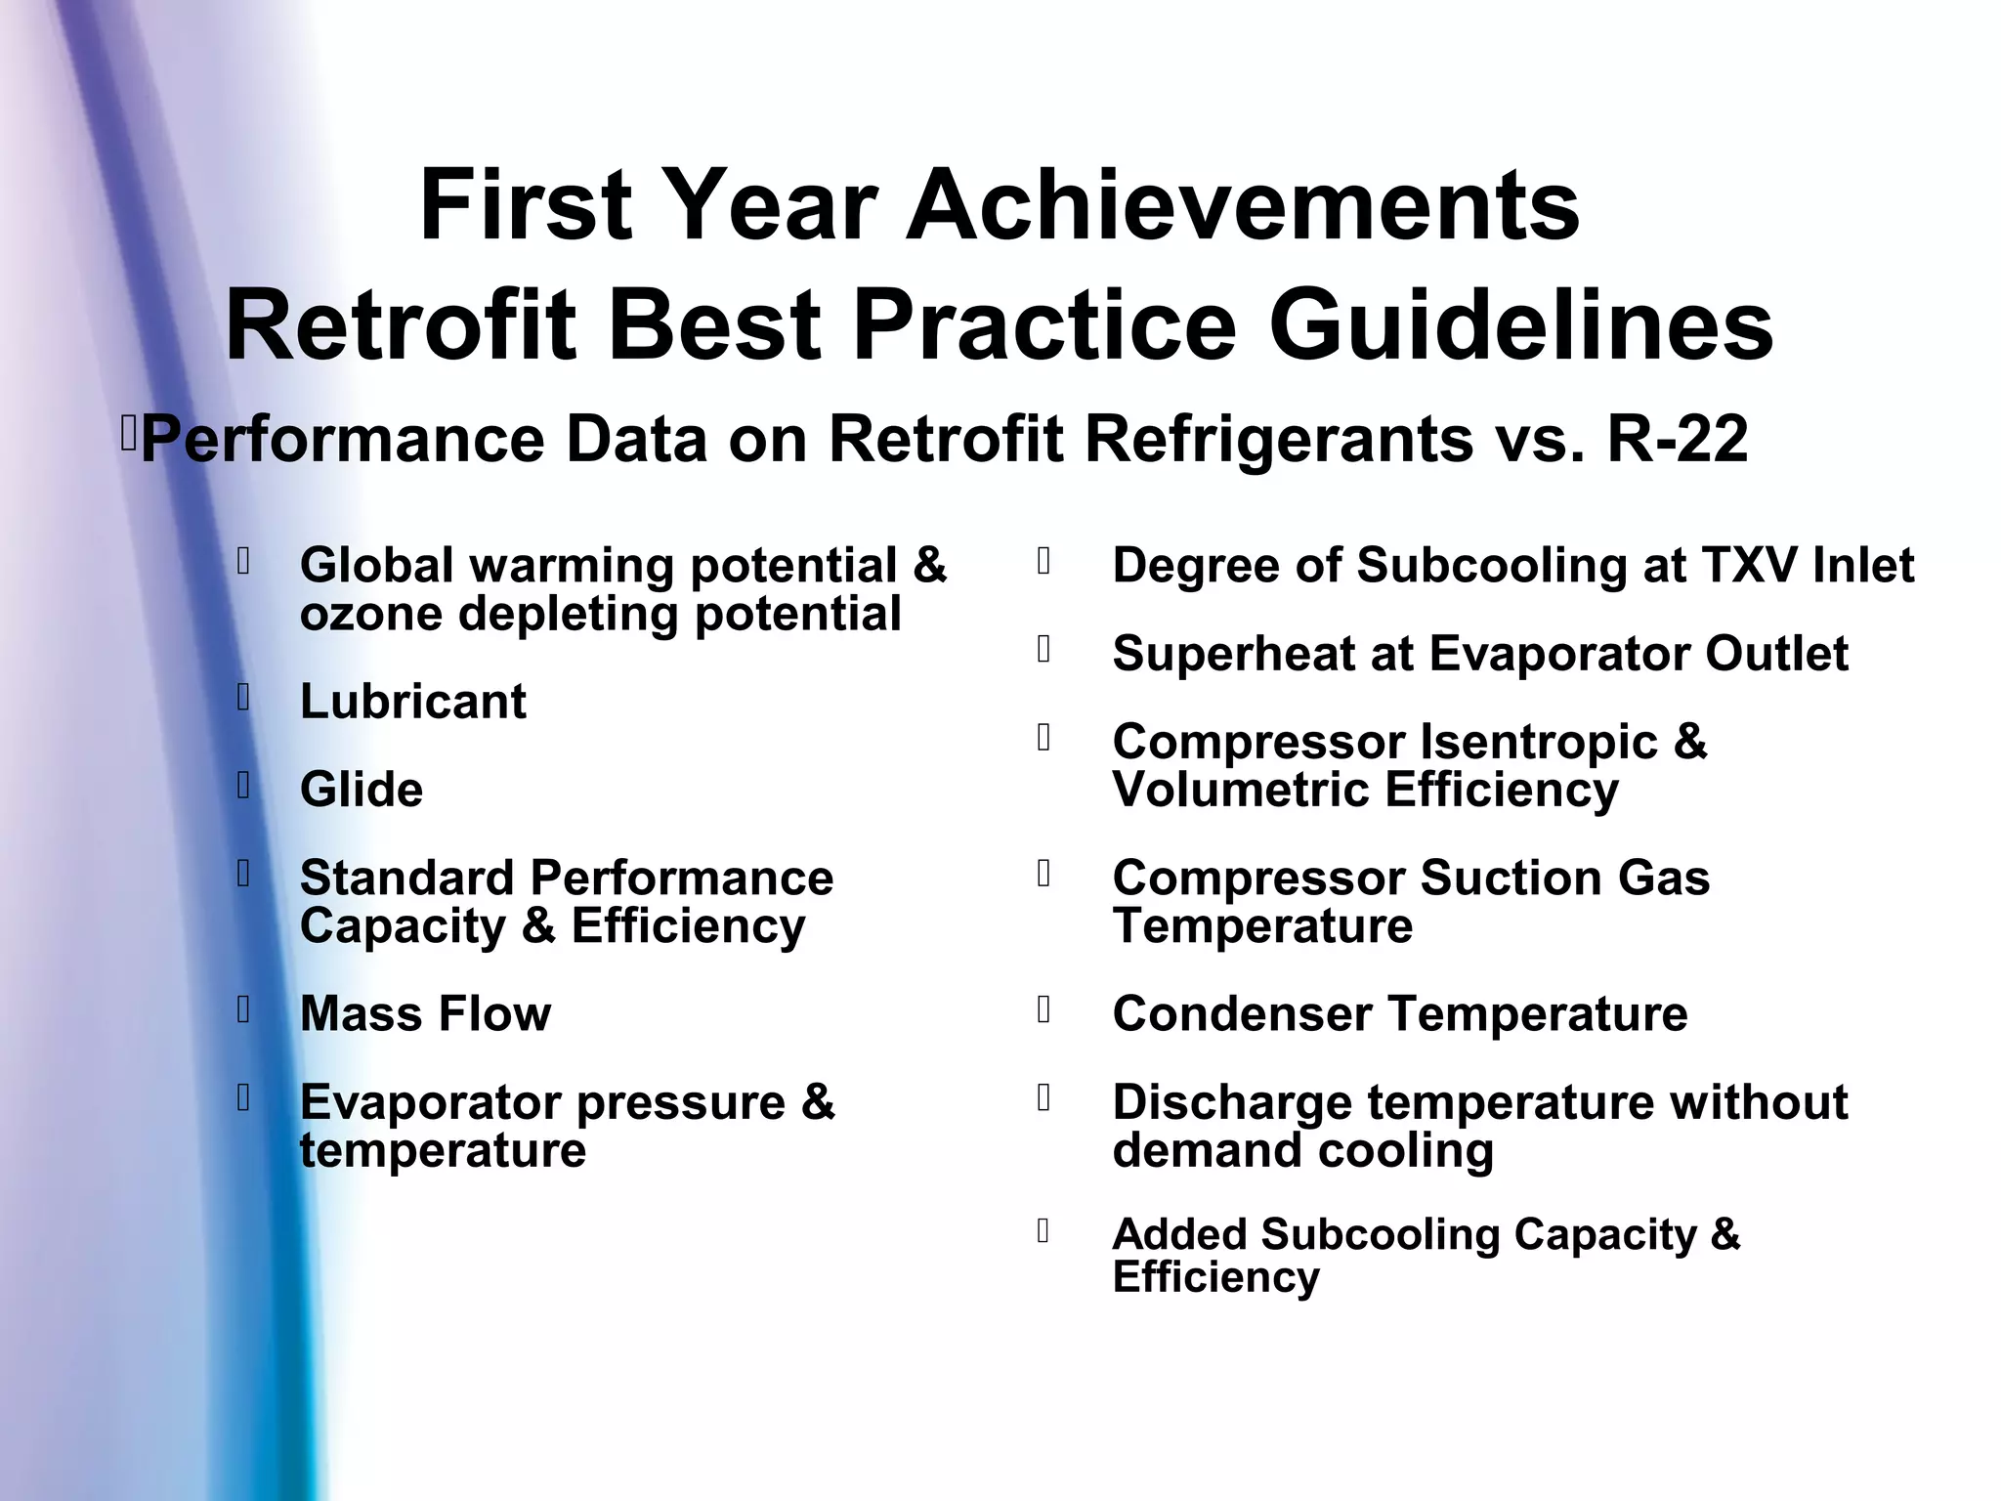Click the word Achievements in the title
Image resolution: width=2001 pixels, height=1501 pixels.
(1243, 206)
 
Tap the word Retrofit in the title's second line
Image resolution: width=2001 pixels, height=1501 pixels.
(401, 325)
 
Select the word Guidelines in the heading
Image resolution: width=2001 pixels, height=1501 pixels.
(1520, 325)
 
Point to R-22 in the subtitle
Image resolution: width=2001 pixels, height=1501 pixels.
(1677, 439)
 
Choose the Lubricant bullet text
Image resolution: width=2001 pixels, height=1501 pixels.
(412, 702)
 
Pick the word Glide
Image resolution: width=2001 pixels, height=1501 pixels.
(362, 790)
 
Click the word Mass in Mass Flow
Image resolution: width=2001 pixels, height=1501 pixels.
(361, 1014)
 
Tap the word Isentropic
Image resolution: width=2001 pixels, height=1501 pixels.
(1538, 742)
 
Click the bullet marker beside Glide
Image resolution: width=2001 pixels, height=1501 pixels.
(243, 785)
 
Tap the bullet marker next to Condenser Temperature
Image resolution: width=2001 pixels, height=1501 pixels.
(1043, 1009)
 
